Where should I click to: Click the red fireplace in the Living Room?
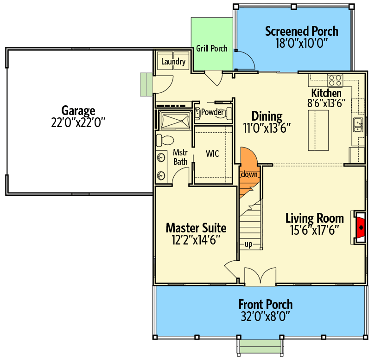click(361, 227)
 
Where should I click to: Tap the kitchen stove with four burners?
click(335, 80)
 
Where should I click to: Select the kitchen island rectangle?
click(318, 130)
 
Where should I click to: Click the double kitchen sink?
click(358, 125)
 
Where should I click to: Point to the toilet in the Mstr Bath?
click(165, 140)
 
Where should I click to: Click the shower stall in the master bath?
click(175, 121)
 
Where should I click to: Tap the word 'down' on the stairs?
click(249, 174)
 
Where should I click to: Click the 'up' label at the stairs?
click(248, 244)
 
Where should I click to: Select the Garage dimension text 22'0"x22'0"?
click(78, 122)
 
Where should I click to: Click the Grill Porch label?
click(212, 49)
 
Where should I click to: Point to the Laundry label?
click(173, 62)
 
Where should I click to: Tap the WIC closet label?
click(212, 154)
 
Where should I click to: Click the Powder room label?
click(212, 112)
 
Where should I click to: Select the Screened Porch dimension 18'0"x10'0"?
click(302, 43)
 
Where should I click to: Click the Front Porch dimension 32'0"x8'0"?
click(265, 316)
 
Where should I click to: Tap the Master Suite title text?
click(196, 228)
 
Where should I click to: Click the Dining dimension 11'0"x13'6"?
click(267, 128)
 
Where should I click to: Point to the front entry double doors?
click(260, 276)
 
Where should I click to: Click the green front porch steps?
click(261, 346)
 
